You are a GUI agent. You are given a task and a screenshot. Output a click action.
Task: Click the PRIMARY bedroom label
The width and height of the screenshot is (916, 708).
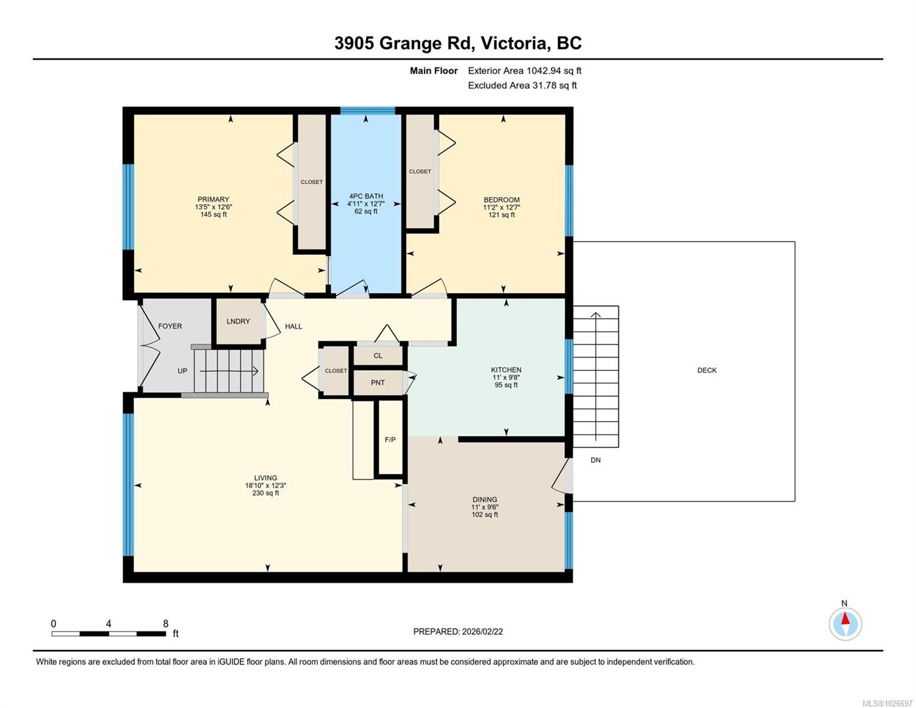[x=213, y=199]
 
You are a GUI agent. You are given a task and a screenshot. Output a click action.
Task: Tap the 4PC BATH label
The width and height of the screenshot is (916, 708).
[x=366, y=196]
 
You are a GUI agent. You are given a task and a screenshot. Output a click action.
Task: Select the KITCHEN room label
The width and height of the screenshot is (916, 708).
[x=506, y=370]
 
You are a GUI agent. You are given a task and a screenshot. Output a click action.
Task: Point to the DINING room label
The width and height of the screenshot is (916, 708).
[x=484, y=499]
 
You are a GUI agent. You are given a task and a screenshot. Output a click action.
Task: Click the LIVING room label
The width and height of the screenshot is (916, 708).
[x=265, y=478]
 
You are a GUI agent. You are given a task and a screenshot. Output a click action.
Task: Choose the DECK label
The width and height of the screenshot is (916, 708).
[x=707, y=371]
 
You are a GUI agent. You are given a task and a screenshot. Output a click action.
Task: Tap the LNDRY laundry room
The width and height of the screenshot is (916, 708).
[x=238, y=322]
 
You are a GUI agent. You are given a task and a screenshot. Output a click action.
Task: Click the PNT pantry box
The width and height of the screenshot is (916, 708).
[x=377, y=383]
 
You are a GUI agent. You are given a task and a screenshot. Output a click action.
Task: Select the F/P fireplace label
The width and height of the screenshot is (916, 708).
[x=390, y=440]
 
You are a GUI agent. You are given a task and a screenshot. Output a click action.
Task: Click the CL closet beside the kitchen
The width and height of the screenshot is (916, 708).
[x=377, y=356]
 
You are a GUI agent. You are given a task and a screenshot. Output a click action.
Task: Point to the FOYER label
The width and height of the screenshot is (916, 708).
[x=170, y=326]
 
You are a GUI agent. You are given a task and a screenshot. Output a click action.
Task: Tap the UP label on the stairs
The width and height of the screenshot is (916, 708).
[x=182, y=371]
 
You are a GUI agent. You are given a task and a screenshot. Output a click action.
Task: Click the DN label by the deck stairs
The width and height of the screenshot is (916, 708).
[x=595, y=460]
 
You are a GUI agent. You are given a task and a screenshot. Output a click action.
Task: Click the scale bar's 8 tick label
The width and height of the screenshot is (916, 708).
[x=166, y=624]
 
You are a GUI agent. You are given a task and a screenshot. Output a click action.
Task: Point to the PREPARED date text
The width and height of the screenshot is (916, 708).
[x=458, y=631]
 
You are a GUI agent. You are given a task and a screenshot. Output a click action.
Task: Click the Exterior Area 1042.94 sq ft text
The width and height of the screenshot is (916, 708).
[x=524, y=71]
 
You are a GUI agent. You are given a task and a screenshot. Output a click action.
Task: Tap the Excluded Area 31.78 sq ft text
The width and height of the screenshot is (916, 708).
[x=522, y=86]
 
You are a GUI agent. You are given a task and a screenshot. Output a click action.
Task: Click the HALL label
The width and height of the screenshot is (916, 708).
[x=293, y=326]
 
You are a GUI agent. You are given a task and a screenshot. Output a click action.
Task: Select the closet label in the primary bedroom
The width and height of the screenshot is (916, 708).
[x=311, y=182]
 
